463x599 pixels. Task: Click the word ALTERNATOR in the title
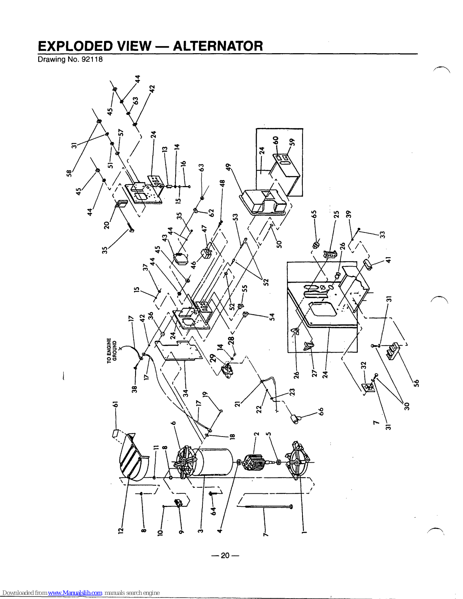[218, 46]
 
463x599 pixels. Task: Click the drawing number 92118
[92, 60]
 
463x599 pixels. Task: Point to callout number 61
[116, 404]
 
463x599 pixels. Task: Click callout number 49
[228, 167]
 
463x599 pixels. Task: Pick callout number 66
[320, 411]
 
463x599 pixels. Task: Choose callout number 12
[121, 530]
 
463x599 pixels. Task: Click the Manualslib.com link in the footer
[75, 593]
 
